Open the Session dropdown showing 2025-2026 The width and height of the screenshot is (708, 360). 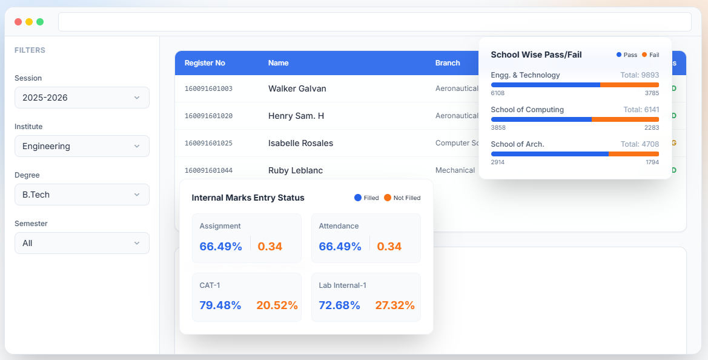click(x=82, y=98)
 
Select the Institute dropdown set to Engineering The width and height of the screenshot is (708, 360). click(x=82, y=146)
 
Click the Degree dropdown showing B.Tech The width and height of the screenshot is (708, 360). click(x=82, y=195)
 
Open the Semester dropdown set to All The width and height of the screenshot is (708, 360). click(x=82, y=243)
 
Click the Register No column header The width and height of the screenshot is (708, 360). click(x=205, y=63)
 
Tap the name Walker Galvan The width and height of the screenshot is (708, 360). click(x=297, y=88)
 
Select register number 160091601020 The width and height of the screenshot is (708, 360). click(x=208, y=116)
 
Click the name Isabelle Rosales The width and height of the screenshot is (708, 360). click(x=300, y=143)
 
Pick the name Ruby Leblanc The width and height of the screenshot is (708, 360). click(x=296, y=170)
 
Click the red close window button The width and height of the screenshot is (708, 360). click(x=18, y=22)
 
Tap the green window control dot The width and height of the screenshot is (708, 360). click(x=40, y=22)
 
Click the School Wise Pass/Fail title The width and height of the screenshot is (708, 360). click(x=536, y=55)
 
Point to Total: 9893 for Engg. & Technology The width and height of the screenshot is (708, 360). click(x=640, y=75)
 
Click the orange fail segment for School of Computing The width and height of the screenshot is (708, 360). click(x=625, y=119)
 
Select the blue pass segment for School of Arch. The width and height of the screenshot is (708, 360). click(x=549, y=154)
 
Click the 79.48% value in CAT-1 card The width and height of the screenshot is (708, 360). click(x=220, y=305)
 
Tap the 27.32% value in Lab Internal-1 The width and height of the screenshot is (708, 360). click(x=394, y=305)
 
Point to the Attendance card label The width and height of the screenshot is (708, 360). click(x=339, y=226)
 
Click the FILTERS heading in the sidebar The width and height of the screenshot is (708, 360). click(x=30, y=50)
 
